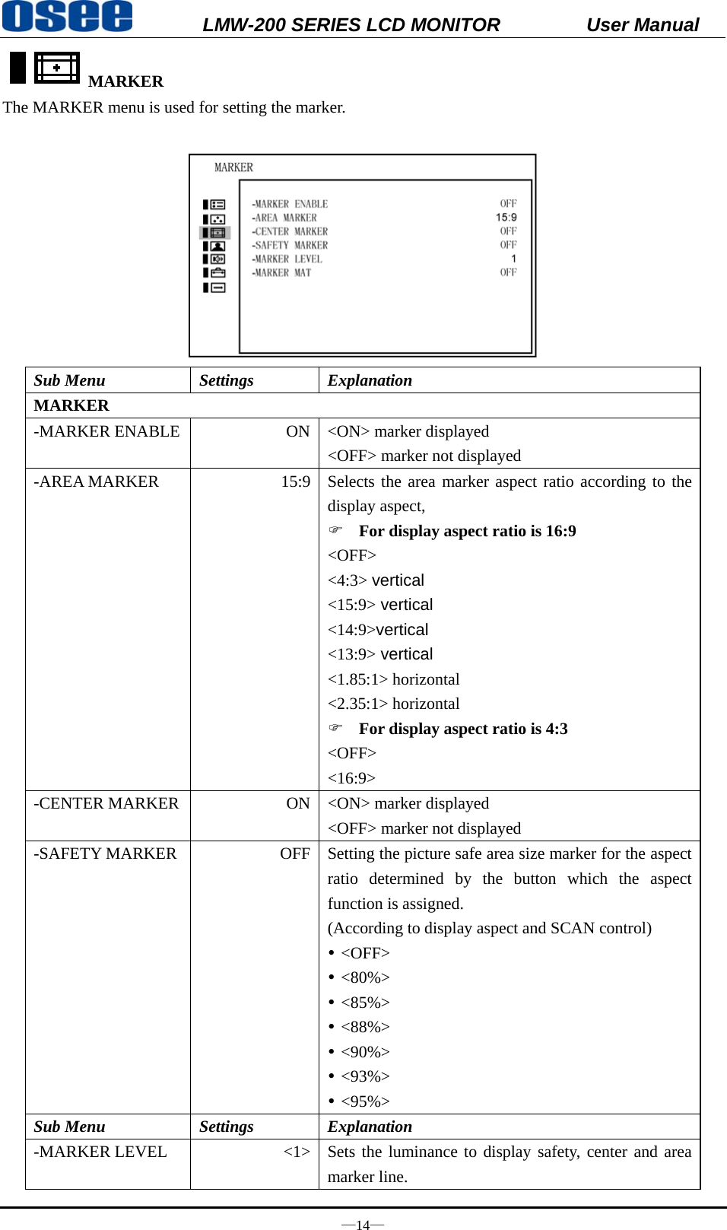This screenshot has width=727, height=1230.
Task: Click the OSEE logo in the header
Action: point(67,17)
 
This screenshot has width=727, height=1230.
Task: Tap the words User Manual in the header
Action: point(642,25)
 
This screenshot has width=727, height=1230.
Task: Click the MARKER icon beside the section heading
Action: point(56,68)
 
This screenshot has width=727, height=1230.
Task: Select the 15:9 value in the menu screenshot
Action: point(506,218)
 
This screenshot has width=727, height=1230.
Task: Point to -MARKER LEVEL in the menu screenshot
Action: point(287,259)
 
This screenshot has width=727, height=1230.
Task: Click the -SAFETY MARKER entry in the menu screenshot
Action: point(290,246)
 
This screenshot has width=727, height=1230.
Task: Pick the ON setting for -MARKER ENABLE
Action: point(297,431)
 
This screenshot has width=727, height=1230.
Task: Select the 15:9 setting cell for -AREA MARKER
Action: point(295,482)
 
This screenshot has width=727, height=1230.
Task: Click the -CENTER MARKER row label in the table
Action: point(106,803)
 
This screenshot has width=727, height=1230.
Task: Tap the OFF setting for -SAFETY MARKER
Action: point(294,853)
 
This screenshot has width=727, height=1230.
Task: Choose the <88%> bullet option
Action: point(365,1027)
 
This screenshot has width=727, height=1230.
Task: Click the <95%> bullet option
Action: point(365,1101)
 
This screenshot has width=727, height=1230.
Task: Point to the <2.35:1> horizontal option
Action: point(393,704)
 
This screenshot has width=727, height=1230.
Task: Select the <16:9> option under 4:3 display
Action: point(351,778)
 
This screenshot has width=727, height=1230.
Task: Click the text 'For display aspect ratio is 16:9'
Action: point(467,531)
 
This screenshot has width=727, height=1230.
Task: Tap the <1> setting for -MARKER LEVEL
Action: point(297,1152)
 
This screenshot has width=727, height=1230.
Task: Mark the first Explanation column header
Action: point(370,380)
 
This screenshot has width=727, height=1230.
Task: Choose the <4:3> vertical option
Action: point(376,580)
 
